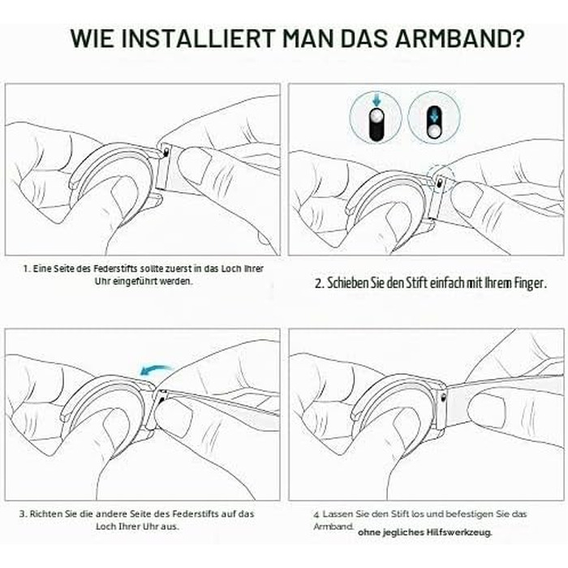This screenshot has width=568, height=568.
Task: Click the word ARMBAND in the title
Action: click(459, 37)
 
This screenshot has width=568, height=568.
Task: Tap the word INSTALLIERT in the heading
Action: click(198, 37)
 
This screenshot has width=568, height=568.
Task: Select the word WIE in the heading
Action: click(92, 37)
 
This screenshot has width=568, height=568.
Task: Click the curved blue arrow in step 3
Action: click(155, 369)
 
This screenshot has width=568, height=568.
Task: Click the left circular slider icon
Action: click(376, 118)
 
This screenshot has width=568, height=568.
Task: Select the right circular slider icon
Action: click(434, 118)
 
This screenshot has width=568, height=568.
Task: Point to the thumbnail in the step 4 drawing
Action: click(486, 408)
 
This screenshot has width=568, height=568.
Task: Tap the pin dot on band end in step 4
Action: click(443, 398)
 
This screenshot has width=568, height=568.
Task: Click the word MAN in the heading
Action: click(308, 37)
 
